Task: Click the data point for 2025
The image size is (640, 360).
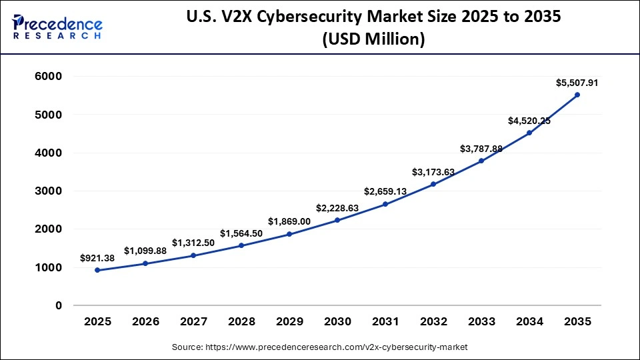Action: click(98, 270)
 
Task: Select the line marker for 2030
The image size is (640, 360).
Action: click(337, 220)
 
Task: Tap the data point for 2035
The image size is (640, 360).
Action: click(577, 95)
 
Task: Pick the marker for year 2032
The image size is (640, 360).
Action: click(433, 184)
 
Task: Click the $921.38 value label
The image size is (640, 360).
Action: click(98, 257)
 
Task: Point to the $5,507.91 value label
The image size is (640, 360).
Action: click(577, 83)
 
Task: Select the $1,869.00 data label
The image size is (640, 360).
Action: click(289, 221)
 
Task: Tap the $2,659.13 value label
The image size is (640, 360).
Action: click(385, 191)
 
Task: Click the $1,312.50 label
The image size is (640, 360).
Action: click(193, 243)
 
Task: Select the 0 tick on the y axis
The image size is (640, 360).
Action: click(59, 305)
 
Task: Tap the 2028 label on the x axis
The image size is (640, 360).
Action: click(241, 321)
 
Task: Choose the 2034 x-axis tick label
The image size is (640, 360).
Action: click(529, 321)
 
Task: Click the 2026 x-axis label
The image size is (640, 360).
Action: click(146, 321)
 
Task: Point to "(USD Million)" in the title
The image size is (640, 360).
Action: click(373, 39)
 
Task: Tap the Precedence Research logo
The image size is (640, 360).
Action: click(57, 26)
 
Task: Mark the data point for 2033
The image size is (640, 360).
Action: click(481, 161)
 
